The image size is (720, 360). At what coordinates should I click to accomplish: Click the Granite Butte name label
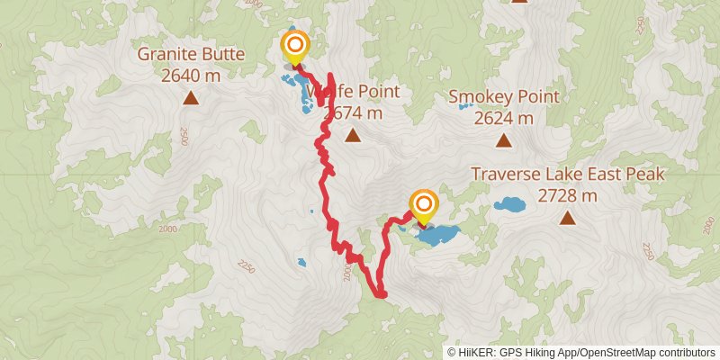(191, 55)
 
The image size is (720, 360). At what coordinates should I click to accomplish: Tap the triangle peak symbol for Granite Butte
(191, 96)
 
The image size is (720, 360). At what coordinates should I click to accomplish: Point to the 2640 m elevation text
(191, 76)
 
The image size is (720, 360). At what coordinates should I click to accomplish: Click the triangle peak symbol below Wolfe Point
(353, 136)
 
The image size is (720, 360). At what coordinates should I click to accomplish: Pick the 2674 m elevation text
(353, 113)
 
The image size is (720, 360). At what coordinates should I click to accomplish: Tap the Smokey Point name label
(504, 97)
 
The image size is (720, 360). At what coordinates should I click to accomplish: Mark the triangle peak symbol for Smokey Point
(504, 140)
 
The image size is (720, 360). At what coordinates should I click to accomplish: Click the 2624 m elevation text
(504, 118)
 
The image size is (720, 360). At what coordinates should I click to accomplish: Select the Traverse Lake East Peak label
(567, 174)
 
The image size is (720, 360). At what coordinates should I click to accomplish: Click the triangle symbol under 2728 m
(567, 217)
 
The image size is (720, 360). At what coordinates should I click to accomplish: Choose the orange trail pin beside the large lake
(422, 206)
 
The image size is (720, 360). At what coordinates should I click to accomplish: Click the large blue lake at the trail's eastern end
(438, 236)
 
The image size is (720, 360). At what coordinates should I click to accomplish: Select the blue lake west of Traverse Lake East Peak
(510, 204)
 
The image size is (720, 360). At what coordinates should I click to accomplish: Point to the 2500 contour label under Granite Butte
(184, 136)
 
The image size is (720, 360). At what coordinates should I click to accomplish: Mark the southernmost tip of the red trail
(381, 294)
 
